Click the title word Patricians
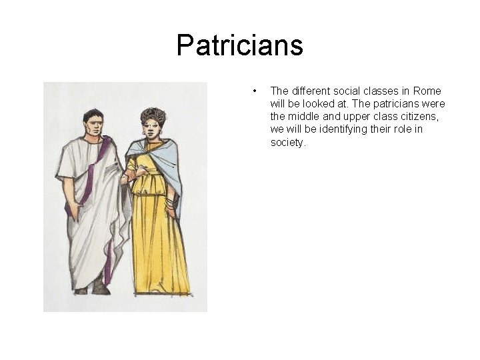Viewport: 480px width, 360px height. coord(239,46)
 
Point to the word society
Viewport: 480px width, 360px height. coord(287,142)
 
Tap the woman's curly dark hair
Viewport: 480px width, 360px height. coord(152,115)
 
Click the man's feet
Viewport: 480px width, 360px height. coord(93,289)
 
